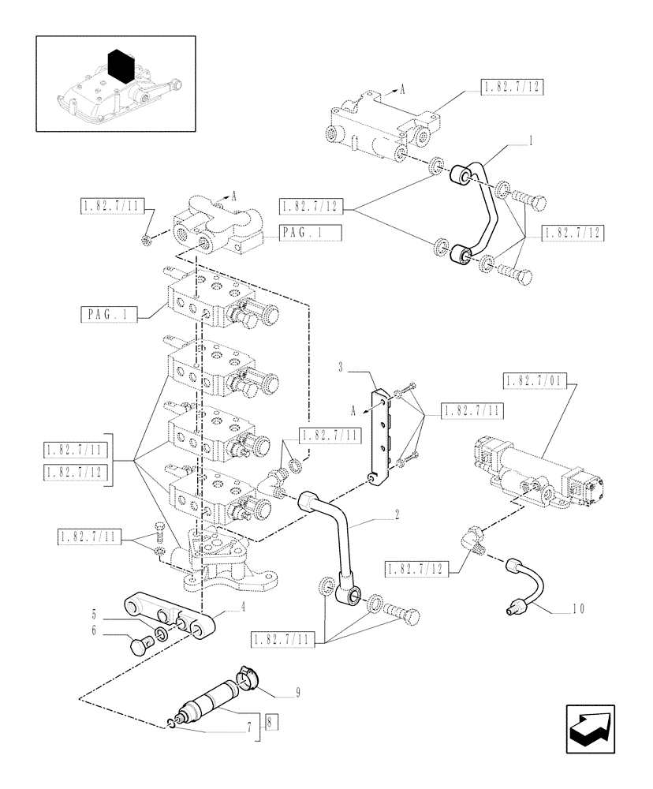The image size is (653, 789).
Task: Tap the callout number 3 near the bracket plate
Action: point(341,368)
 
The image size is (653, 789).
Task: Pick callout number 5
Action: point(94,612)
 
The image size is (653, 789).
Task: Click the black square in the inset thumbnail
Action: point(120,65)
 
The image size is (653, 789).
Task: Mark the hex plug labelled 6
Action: point(140,645)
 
